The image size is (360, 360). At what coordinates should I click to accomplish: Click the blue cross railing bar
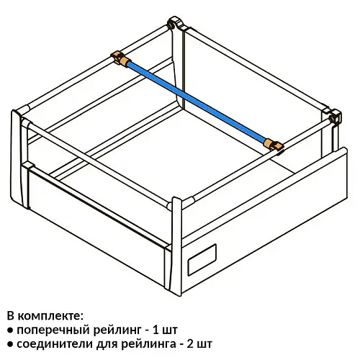pyautogui.click(x=197, y=102)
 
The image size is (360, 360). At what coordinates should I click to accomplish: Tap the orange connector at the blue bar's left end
pyautogui.click(x=120, y=58)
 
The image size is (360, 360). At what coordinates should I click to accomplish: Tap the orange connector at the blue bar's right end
pyautogui.click(x=274, y=145)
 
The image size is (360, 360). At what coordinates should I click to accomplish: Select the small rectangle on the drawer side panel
pyautogui.click(x=202, y=260)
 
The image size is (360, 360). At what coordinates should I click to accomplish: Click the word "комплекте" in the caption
pyautogui.click(x=50, y=316)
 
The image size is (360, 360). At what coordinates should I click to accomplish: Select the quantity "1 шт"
pyautogui.click(x=166, y=330)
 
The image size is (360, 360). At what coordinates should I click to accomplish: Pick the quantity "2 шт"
pyautogui.click(x=199, y=344)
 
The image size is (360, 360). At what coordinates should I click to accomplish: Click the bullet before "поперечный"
pyautogui.click(x=10, y=330)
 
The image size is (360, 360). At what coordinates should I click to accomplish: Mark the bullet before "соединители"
pyautogui.click(x=10, y=344)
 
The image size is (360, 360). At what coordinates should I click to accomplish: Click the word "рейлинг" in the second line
pyautogui.click(x=117, y=330)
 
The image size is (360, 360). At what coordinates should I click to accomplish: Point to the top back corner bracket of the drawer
pyautogui.click(x=176, y=23)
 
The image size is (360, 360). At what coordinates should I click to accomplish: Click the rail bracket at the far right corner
pyautogui.click(x=333, y=116)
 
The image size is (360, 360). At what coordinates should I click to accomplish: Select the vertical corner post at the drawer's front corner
pyautogui.click(x=176, y=246)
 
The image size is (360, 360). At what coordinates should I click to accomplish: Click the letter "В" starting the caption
pyautogui.click(x=11, y=316)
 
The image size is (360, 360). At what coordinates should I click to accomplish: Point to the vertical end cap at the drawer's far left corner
pyautogui.click(x=17, y=158)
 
